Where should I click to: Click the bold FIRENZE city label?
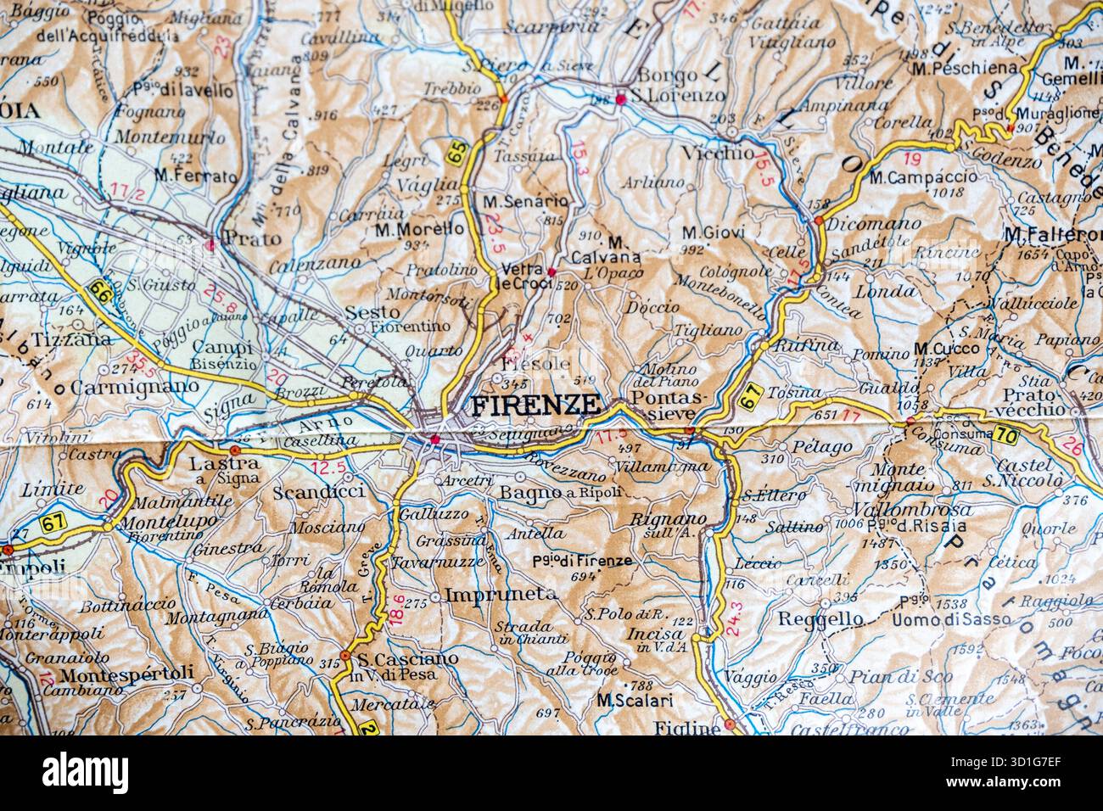(x=535, y=405)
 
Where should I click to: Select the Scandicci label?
(x=319, y=492)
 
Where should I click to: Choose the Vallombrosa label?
(x=900, y=510)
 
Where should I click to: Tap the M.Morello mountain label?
(x=419, y=229)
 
